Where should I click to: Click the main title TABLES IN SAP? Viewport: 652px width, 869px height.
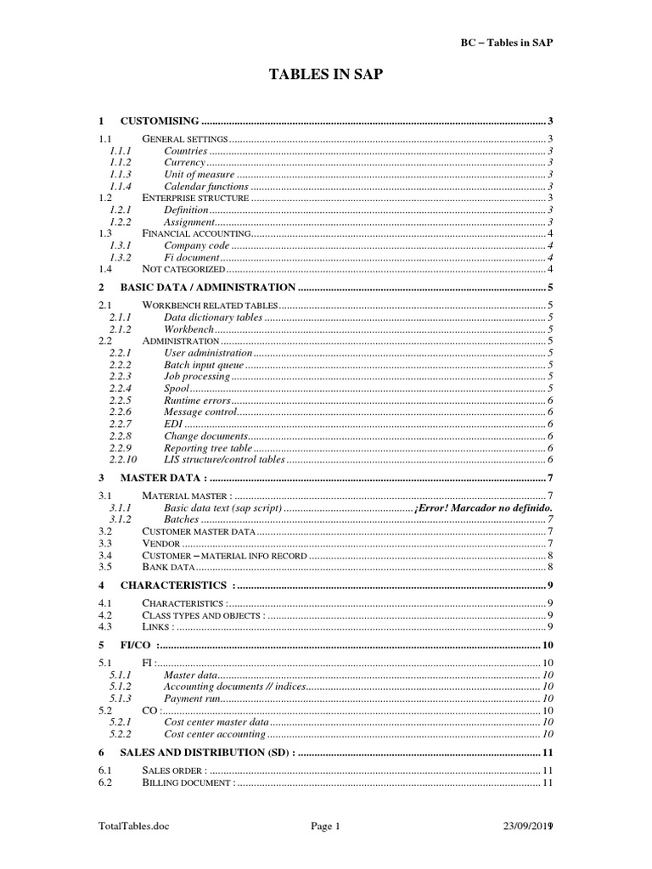(x=326, y=75)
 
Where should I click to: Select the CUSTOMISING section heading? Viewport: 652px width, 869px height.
(x=160, y=121)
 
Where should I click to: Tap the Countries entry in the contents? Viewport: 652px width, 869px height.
(x=185, y=151)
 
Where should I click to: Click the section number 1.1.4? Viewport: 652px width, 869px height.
(x=121, y=187)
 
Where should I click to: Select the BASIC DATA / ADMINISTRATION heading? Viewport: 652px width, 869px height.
(x=208, y=287)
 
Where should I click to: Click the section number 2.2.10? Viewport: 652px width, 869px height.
(x=124, y=459)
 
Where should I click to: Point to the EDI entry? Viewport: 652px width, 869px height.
(x=172, y=423)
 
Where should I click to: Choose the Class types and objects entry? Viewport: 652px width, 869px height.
(x=204, y=614)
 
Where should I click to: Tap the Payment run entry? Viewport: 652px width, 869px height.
(x=192, y=698)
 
